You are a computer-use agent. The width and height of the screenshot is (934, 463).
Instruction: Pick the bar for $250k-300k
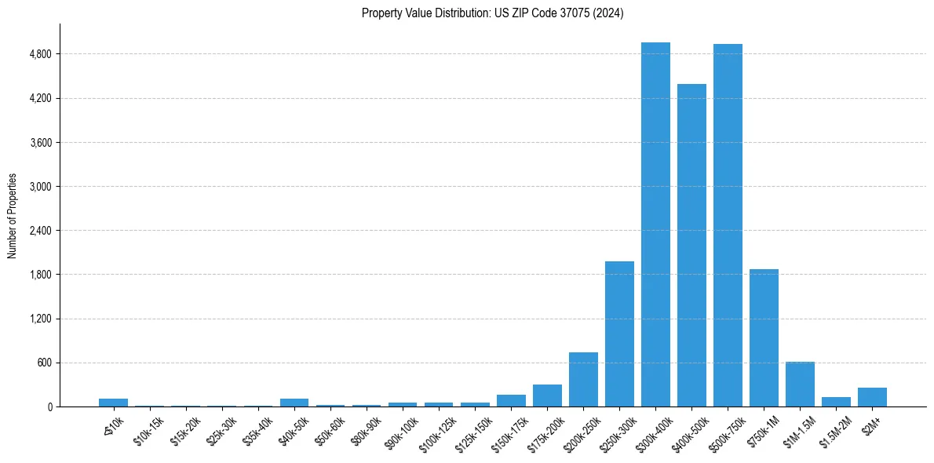click(x=619, y=334)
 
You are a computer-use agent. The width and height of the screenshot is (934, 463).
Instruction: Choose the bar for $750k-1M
click(x=764, y=338)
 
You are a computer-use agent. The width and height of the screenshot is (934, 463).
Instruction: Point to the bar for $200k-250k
click(x=583, y=380)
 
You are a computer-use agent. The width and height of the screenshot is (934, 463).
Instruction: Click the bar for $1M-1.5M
click(x=800, y=385)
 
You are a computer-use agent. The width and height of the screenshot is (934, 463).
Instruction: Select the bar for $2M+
click(x=872, y=397)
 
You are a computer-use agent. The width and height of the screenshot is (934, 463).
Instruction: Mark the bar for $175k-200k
click(x=547, y=396)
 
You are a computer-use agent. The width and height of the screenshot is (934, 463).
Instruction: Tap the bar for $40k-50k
click(x=294, y=403)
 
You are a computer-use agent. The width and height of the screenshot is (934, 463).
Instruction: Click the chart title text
click(x=493, y=13)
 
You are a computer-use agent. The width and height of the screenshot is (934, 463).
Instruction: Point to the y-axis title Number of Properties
click(x=13, y=216)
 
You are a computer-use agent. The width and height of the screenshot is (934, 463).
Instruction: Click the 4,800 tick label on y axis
click(x=40, y=54)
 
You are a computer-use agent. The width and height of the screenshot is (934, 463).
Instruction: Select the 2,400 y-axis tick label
click(x=40, y=231)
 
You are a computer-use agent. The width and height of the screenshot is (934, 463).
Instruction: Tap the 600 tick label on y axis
click(x=44, y=363)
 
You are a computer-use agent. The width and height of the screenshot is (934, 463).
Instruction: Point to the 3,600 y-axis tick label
click(x=40, y=143)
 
